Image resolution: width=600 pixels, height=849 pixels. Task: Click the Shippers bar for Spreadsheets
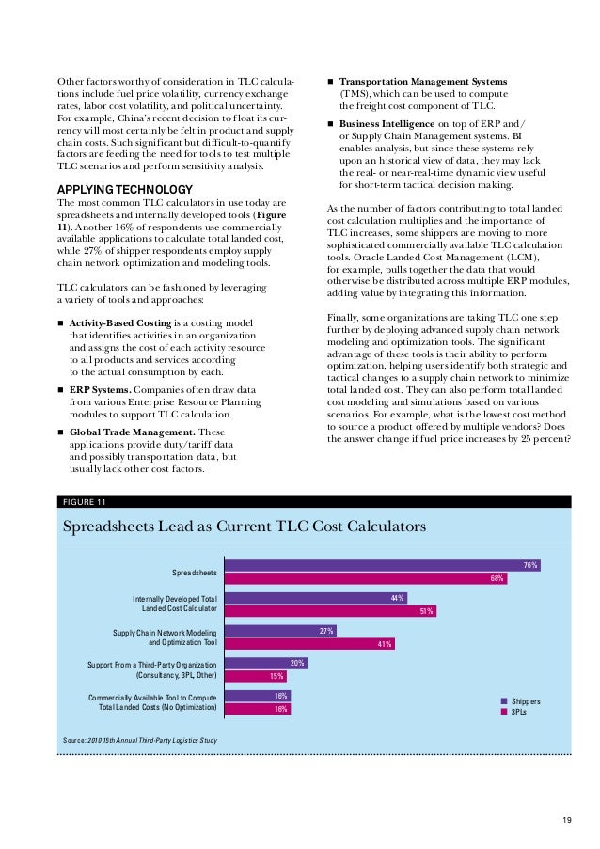(x=381, y=565)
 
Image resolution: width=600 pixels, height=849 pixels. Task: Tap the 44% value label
(x=398, y=598)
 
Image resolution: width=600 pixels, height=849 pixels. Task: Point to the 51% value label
(x=426, y=611)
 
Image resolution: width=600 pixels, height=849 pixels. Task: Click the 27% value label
(x=327, y=631)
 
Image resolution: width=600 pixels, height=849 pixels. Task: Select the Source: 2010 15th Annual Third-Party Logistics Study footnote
(x=139, y=741)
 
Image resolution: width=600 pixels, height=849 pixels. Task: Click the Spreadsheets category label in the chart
(x=195, y=572)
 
